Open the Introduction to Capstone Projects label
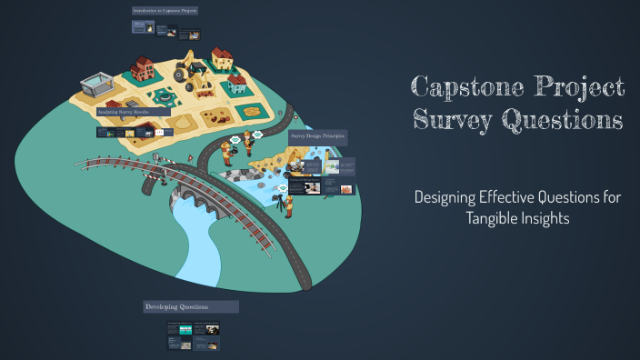[165, 11]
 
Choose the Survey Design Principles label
[318, 135]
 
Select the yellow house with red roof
[221, 59]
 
